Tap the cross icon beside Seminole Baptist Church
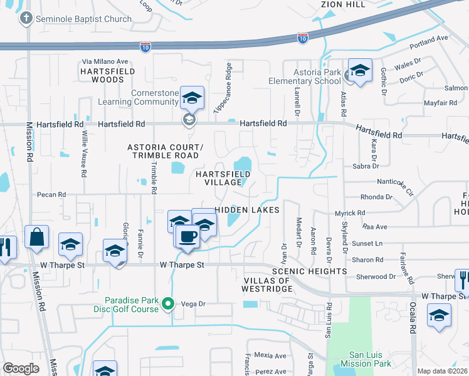coord(26,18)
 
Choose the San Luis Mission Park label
coord(366,358)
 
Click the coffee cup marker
coord(187,237)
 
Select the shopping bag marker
coord(36,237)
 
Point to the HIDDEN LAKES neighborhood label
coord(246,210)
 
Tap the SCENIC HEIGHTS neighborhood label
coord(309,271)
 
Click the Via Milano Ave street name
coord(105,61)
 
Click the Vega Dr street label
coord(193,304)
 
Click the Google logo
coord(21,368)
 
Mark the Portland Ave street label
coord(429,41)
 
